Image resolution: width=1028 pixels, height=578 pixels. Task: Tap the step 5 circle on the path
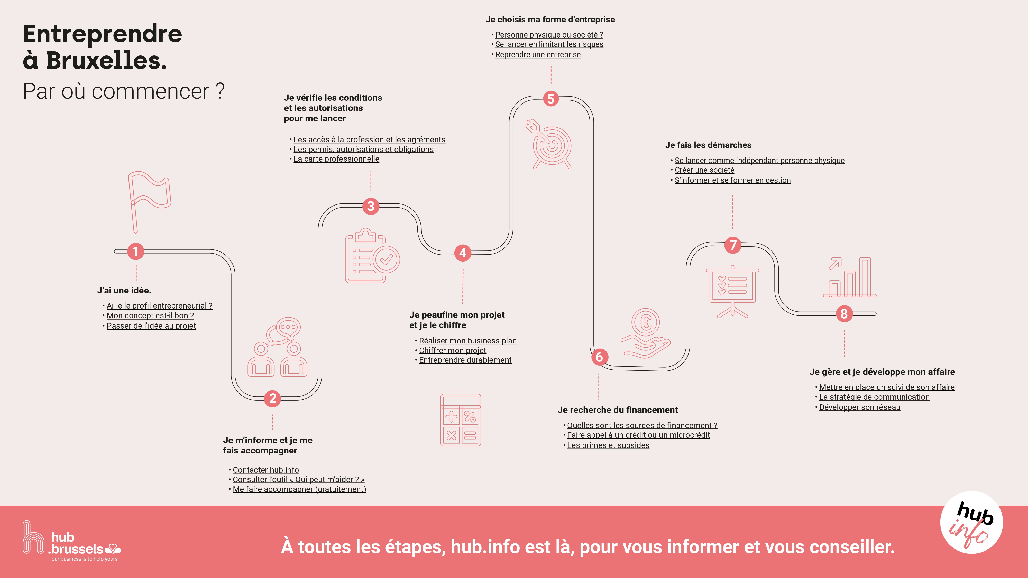[551, 99]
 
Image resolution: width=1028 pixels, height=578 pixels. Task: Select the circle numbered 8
[844, 313]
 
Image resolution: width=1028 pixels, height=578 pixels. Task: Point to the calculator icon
[461, 420]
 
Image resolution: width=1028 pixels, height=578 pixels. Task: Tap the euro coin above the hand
[646, 322]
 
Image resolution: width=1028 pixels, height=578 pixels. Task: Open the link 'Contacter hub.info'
[266, 470]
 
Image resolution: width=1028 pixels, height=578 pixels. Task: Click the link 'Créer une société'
[704, 170]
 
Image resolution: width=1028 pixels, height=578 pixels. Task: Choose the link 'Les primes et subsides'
[608, 445]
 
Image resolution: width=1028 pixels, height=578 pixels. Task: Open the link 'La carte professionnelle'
[336, 159]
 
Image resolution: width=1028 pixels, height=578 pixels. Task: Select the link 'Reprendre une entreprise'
[538, 55]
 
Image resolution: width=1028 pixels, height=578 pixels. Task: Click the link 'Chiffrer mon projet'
[453, 350]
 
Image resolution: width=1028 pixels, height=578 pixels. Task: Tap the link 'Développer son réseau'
[860, 407]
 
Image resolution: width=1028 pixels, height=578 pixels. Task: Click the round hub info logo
[971, 523]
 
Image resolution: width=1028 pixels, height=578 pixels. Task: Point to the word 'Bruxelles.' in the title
[106, 61]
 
